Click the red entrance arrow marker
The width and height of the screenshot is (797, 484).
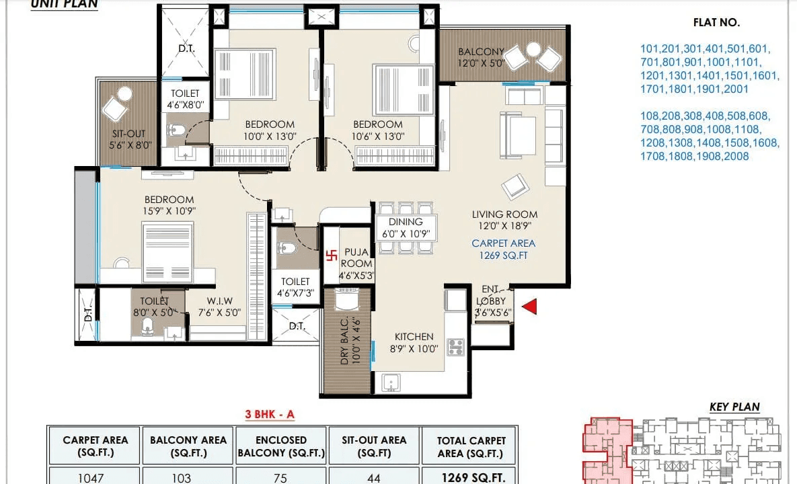(529, 307)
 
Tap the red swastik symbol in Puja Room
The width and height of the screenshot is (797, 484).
(331, 255)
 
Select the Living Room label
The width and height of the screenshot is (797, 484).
(504, 214)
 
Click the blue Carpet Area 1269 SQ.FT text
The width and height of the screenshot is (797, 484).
(503, 249)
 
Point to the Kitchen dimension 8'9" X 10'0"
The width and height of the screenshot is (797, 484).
(414, 349)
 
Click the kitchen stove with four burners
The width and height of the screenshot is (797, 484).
(456, 348)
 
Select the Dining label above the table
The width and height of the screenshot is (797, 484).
(406, 222)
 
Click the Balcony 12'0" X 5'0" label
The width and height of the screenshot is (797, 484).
(481, 58)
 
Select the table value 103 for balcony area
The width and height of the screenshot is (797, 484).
(188, 478)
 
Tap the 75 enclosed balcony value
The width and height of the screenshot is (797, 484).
(280, 478)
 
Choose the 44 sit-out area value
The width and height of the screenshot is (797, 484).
(374, 478)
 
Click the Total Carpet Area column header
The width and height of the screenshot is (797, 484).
(470, 446)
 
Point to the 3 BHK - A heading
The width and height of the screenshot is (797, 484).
(269, 415)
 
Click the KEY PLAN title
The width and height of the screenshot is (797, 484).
(734, 407)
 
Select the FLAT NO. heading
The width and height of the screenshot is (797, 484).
(716, 22)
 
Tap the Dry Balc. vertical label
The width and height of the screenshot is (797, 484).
(344, 340)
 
